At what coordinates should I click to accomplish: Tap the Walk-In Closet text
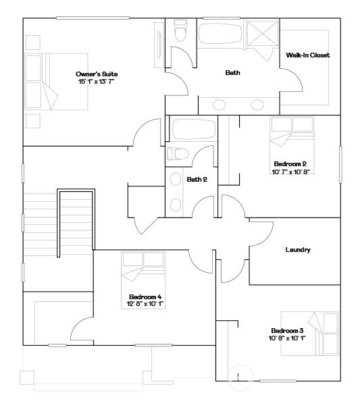point(307,55)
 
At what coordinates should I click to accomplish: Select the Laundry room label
point(297,250)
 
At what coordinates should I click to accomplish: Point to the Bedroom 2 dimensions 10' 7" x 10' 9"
point(290,172)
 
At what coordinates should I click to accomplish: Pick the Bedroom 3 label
point(286,330)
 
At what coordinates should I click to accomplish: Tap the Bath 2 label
point(197,179)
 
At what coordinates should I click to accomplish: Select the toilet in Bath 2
point(178,153)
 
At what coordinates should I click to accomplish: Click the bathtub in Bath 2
point(194,129)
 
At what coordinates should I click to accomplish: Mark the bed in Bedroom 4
point(143,270)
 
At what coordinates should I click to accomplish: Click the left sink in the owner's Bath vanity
point(220,104)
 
